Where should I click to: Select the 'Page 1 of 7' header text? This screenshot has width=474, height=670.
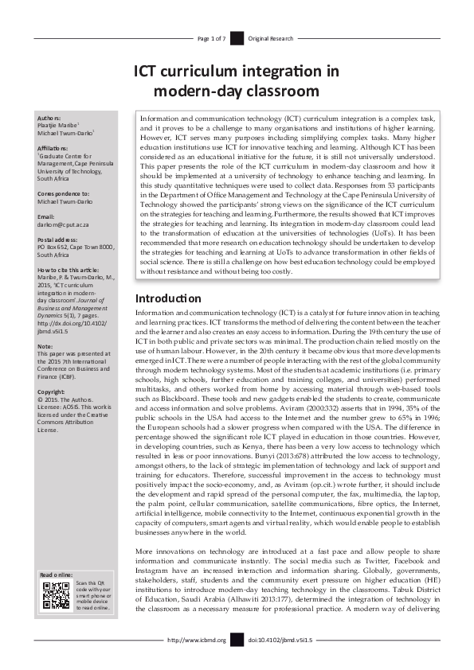tap(211, 38)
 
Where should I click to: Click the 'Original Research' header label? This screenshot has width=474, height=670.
tap(270, 38)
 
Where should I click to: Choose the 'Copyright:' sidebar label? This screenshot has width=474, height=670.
tap(51, 391)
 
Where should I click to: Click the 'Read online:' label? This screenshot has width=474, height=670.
tap(55, 575)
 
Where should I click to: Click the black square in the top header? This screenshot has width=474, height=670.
tap(237, 38)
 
